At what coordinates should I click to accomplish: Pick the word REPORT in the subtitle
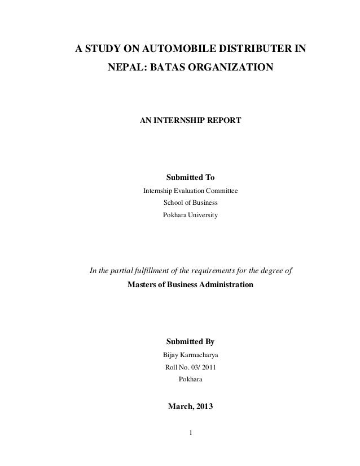coord(226,121)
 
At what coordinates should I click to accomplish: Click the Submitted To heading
coord(190,178)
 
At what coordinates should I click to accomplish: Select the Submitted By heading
coord(190,342)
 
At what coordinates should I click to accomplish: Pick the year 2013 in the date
coord(204,405)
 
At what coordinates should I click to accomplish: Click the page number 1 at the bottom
coord(190,433)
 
